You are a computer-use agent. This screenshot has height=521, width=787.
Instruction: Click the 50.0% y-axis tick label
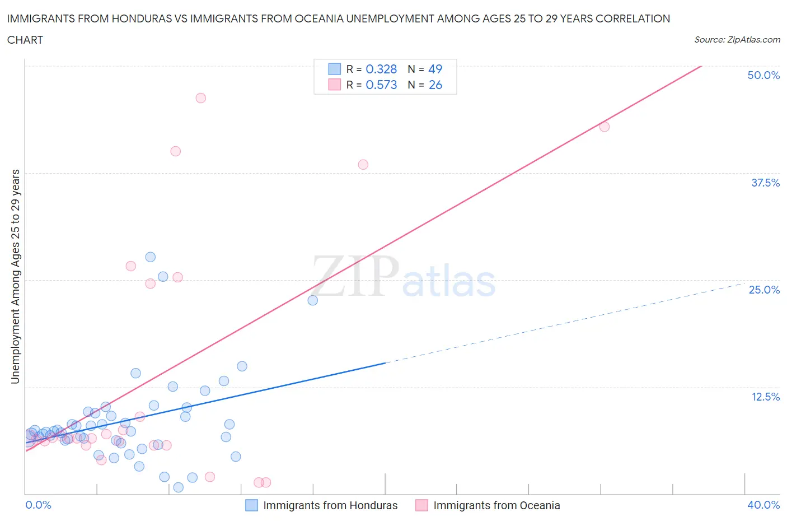point(763,75)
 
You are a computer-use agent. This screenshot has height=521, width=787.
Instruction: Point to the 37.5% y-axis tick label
point(765,183)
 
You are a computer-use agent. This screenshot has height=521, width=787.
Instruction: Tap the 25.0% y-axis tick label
point(764,290)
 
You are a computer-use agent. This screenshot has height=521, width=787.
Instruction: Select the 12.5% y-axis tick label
point(765,397)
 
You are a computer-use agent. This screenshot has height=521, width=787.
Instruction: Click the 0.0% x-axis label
point(38,505)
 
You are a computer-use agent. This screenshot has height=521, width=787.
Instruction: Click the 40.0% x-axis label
point(763,505)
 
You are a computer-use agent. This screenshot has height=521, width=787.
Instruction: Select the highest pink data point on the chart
point(200,98)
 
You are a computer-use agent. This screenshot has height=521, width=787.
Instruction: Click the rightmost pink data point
point(604,127)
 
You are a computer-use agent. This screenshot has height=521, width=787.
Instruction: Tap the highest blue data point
point(150,257)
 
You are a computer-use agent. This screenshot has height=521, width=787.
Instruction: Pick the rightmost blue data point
point(312,300)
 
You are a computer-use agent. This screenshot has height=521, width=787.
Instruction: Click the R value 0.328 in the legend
point(381,69)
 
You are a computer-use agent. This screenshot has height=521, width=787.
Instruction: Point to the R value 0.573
point(381,85)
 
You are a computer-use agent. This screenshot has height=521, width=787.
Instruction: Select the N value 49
point(435,69)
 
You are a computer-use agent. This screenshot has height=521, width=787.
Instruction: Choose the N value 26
point(435,85)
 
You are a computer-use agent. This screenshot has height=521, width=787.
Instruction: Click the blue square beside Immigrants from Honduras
point(252,505)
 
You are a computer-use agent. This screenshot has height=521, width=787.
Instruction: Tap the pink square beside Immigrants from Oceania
point(421,505)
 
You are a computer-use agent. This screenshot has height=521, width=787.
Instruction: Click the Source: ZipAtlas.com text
point(737,39)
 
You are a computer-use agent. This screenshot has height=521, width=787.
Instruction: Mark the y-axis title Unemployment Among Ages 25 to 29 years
point(15,276)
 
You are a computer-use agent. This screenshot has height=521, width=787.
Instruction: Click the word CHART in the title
point(25,40)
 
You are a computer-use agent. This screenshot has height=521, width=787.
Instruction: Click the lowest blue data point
point(178,487)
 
